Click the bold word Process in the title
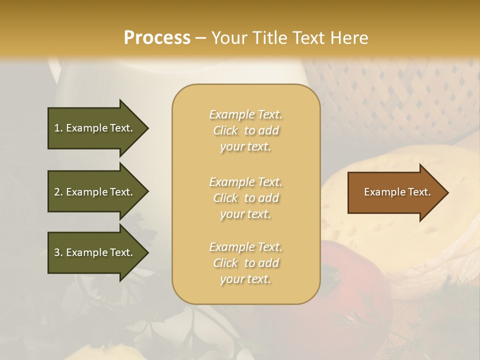[157, 38]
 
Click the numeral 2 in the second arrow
[56, 192]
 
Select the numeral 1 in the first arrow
[56, 128]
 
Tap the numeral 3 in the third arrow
[56, 252]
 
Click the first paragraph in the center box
[245, 130]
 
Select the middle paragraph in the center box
[245, 198]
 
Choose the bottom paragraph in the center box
[245, 263]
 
